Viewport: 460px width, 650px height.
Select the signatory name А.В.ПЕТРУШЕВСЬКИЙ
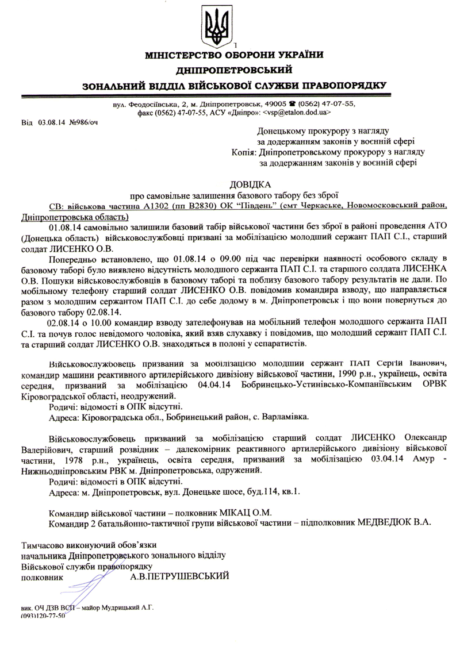[180, 575]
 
